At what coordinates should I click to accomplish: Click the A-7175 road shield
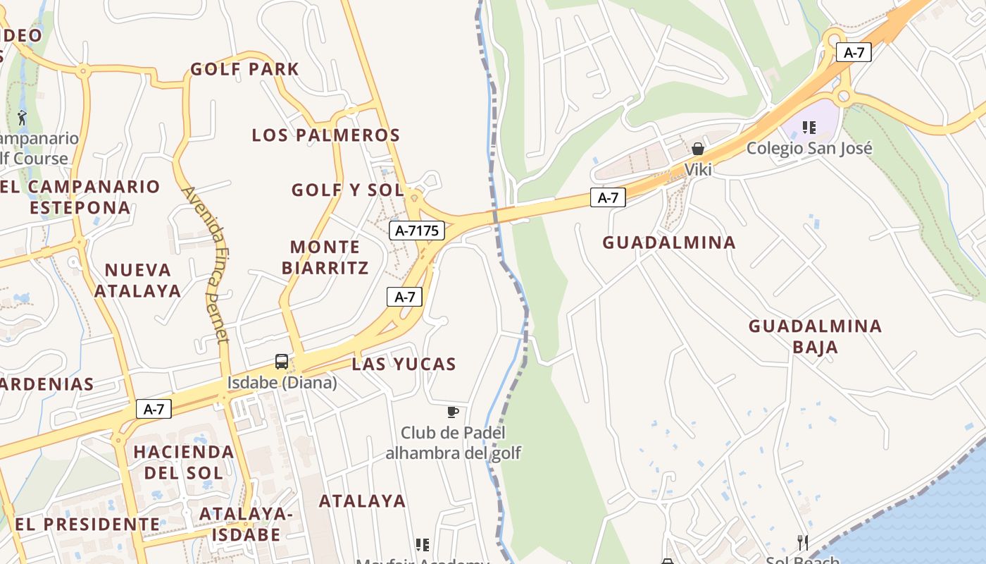417,230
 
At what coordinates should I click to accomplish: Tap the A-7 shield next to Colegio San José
854,52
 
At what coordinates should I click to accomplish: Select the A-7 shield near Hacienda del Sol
154,409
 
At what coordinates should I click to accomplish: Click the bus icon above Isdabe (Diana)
281,362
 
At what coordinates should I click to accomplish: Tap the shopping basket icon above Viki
698,149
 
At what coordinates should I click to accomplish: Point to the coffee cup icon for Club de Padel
453,412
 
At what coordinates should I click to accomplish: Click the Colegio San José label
809,148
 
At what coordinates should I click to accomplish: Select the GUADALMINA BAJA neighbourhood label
815,336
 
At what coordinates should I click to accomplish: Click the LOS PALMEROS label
326,135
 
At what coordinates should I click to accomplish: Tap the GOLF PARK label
245,69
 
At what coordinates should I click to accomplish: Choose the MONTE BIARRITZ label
325,257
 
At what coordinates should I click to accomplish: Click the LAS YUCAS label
404,364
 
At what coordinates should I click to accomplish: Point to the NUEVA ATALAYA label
138,280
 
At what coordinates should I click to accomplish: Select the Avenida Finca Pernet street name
206,264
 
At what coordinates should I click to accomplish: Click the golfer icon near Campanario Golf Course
22,118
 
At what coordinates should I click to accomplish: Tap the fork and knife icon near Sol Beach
802,542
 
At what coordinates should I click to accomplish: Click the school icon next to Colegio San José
809,128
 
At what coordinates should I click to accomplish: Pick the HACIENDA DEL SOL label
184,462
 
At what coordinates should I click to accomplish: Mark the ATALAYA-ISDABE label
246,524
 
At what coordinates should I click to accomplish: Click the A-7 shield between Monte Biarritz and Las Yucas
405,297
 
